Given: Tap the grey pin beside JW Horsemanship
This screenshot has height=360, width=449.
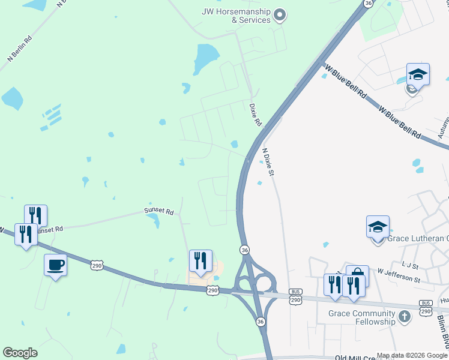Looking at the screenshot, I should click(x=280, y=15).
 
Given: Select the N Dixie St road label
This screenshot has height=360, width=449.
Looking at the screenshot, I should click(x=268, y=162).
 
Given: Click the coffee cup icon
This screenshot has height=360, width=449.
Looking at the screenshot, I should click(x=56, y=265).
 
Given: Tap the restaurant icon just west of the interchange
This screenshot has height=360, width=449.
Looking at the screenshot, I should click(x=200, y=260).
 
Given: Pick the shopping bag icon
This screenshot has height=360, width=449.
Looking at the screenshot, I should click(x=357, y=277).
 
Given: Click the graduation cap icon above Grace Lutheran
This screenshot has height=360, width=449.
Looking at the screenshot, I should click(x=378, y=227).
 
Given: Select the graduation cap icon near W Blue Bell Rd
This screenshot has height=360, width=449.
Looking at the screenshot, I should click(x=418, y=74).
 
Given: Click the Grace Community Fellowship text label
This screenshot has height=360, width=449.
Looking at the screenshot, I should click(x=362, y=317).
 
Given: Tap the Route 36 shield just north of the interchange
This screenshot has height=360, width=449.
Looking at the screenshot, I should click(x=244, y=249).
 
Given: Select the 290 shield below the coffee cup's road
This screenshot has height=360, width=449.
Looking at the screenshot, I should click(x=98, y=265).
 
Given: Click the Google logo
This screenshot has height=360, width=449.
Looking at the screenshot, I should click(x=20, y=353).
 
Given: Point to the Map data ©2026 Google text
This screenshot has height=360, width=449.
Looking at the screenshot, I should click(x=411, y=355).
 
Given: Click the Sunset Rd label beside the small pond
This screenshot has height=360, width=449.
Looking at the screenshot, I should click(x=158, y=211).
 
